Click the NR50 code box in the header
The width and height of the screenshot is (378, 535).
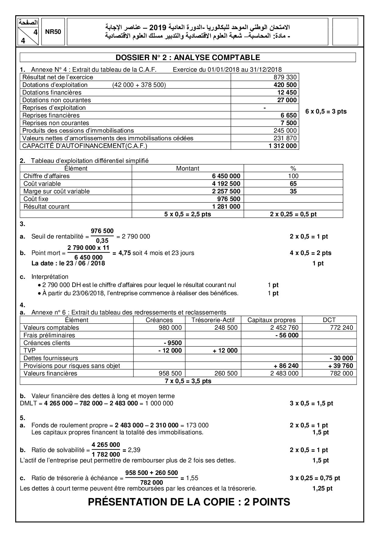coord(53,32)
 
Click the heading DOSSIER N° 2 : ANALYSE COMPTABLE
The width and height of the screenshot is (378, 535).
coord(188,57)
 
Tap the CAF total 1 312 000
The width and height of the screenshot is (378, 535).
coord(283,146)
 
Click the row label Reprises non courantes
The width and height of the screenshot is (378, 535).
coord(56,123)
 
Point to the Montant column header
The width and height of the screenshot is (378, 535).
coord(187,168)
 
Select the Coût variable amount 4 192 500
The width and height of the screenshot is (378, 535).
coord(226,184)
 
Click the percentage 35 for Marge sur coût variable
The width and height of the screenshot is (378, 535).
coord(293,191)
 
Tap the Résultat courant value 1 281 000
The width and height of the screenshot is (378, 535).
coord(226,206)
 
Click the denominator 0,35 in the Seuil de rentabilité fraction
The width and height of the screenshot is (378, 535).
coord(102,241)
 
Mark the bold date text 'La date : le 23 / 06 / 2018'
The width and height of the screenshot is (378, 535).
coord(68,263)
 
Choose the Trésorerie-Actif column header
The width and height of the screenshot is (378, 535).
coord(213,320)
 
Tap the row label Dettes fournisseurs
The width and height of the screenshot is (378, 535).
coord(51,358)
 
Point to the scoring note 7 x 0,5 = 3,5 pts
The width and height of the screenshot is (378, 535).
coord(188,381)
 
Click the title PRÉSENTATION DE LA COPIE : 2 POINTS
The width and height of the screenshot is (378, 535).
coord(189,502)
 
